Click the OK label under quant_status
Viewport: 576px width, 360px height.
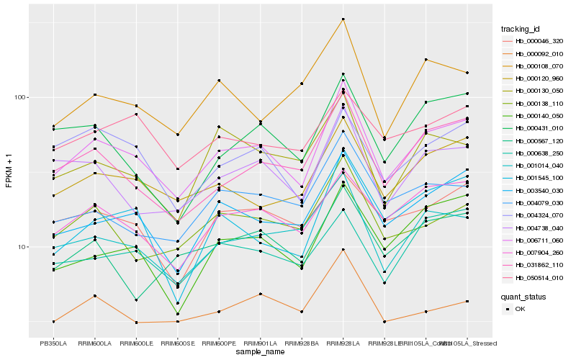(521, 308)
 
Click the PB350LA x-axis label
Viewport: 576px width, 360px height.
(53, 343)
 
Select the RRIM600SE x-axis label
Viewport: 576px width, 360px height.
(177, 343)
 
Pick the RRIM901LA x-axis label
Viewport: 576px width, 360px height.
(260, 343)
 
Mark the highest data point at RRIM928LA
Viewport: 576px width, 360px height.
(343, 19)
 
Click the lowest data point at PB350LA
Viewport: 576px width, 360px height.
(53, 321)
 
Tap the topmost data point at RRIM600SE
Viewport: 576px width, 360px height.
(178, 134)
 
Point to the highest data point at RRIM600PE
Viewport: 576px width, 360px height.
(219, 80)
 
